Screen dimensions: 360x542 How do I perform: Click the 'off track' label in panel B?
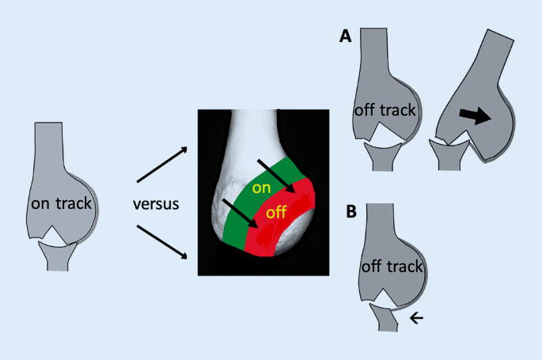pos(393,267)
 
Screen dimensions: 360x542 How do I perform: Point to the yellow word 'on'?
pos(260,188)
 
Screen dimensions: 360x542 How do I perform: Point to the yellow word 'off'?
pos(277,213)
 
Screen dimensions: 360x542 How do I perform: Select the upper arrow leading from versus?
pos(162,164)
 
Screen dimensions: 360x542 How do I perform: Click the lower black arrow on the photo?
pos(241,216)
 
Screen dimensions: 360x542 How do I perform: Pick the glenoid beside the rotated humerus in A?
pos(445,155)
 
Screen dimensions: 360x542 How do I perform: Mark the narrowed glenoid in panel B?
pos(385,320)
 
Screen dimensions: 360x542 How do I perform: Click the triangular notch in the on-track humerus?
pos(56,235)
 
